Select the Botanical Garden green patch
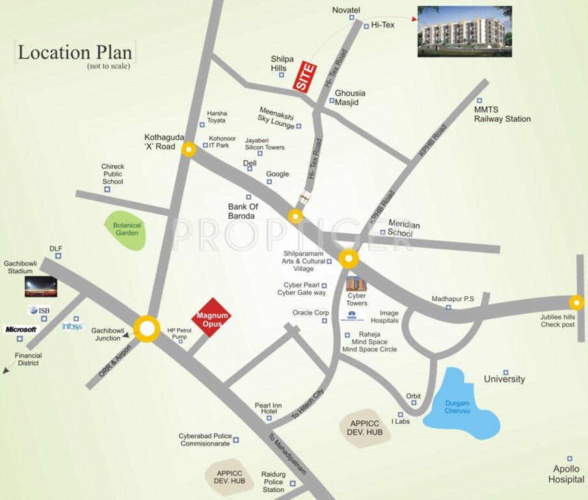coord(127,230)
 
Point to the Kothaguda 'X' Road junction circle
coord(189,150)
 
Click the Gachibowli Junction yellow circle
coord(148,329)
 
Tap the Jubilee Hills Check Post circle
coord(576,303)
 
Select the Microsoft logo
coord(21,329)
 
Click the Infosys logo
coord(72,326)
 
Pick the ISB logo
coord(38,311)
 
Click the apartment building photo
coord(464,31)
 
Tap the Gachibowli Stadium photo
coord(40,286)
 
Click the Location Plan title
coord(74,52)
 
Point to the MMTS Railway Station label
coord(501,115)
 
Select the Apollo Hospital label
coord(566,474)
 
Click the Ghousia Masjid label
coord(350,98)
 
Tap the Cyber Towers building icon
coord(356,284)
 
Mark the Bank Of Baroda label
coord(241,211)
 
